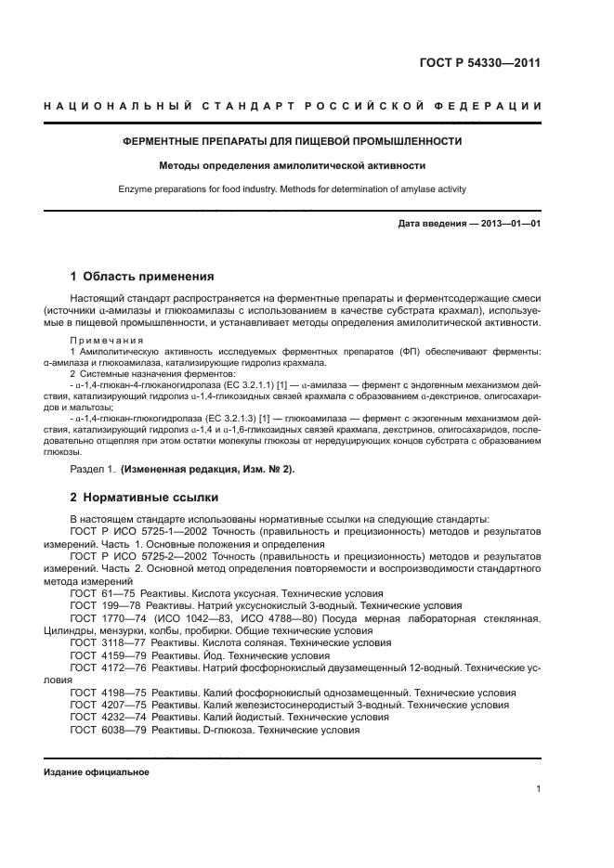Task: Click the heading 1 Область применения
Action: click(143, 276)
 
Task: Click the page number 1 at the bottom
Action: click(539, 790)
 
